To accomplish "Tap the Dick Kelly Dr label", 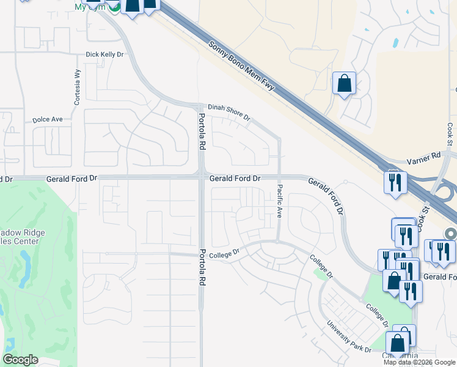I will pos(104,54).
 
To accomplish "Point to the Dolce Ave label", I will pos(48,119).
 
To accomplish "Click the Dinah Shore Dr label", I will pos(229,112).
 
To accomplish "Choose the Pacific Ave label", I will pos(279,201).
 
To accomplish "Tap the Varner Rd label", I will pos(427,157).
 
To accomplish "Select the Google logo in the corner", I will pos(20,360).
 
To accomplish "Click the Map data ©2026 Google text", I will pos(419,362).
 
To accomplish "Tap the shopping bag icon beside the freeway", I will pos(344,83).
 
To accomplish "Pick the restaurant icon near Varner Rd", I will pos(395,182).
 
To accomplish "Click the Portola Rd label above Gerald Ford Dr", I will pos(202,131).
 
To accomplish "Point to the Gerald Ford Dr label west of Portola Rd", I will pos(71,179).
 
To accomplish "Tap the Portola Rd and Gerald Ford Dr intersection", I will pos(202,177).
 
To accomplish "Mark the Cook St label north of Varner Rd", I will pos(448,134).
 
